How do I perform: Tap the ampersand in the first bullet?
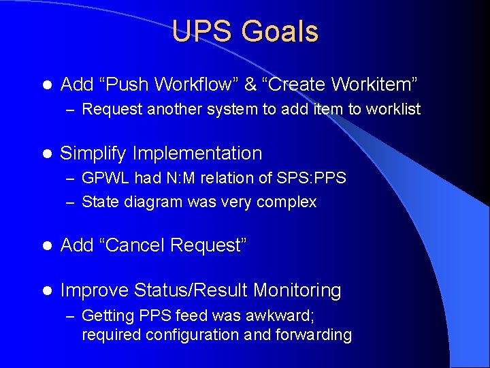pyautogui.click(x=250, y=85)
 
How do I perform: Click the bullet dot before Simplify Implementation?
pyautogui.click(x=47, y=154)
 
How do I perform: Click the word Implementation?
pyautogui.click(x=197, y=154)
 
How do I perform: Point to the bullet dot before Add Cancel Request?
pyautogui.click(x=47, y=246)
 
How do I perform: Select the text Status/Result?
pyautogui.click(x=191, y=290)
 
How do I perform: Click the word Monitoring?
pyautogui.click(x=297, y=290)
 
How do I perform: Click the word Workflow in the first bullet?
pyautogui.click(x=190, y=85)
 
